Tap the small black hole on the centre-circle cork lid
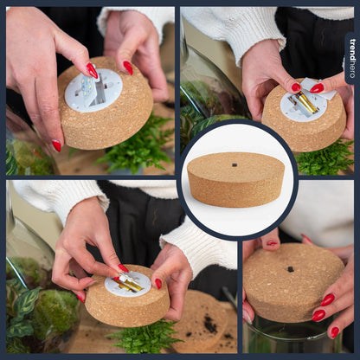coord(235,164)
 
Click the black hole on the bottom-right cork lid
coord(290,269)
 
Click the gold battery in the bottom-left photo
coord(130,284)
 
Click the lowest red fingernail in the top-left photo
coord(56,145)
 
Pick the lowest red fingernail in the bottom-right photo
coord(334,331)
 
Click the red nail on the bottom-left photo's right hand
coord(158,283)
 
